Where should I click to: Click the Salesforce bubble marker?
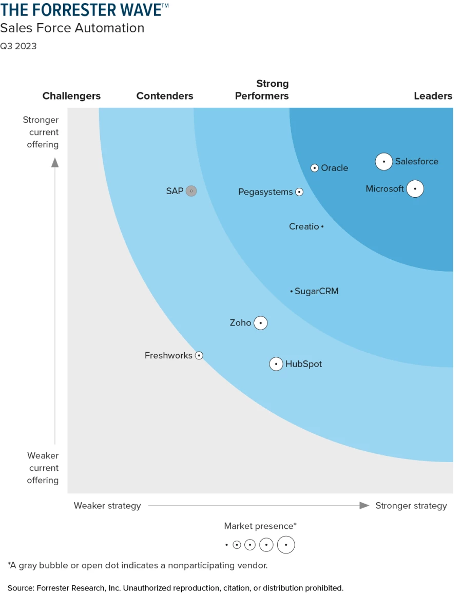point(383,161)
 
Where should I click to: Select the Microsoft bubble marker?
point(415,189)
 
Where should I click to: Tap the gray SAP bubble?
point(191,191)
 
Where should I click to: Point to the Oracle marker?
point(315,168)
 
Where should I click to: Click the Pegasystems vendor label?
point(265,192)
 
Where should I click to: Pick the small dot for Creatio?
point(322,226)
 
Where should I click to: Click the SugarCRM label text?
point(316,291)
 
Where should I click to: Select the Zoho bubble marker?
point(261,323)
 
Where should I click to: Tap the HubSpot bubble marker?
point(276,364)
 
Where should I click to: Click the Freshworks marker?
point(199,355)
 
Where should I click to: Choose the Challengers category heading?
point(71,96)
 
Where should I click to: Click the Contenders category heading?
point(165,96)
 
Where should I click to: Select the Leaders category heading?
point(433,96)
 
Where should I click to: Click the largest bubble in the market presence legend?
point(286,545)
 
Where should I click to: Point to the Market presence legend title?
point(260,526)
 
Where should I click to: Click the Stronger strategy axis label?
point(411,506)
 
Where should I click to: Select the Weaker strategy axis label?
point(107,506)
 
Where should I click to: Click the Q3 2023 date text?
point(18,46)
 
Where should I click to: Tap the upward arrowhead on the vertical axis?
point(55,163)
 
